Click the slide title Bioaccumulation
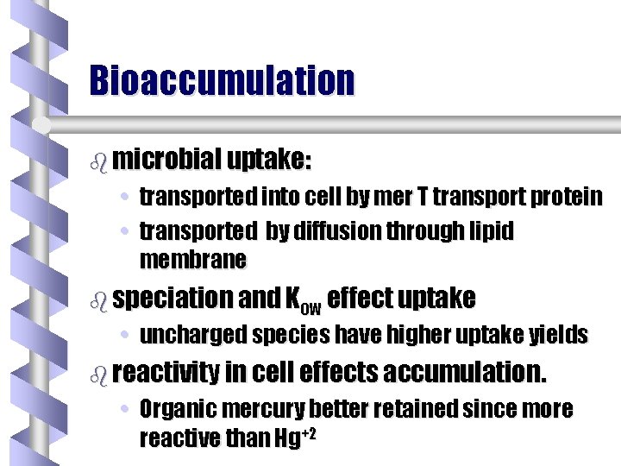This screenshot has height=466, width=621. coord(222,80)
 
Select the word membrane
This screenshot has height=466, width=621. coord(192,259)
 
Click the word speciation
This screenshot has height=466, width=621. coord(172,299)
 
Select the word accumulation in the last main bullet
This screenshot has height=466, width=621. coord(464,373)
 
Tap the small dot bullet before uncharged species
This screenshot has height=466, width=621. coord(126,336)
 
